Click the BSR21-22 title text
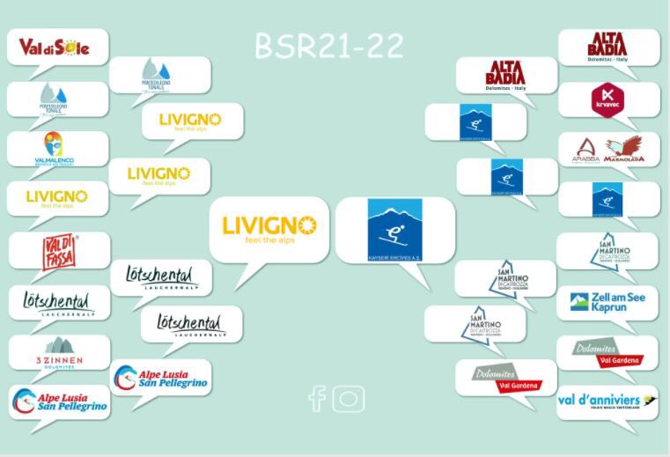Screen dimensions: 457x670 click(x=329, y=47)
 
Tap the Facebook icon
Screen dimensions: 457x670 click(x=317, y=399)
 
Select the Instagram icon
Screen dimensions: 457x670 click(x=349, y=398)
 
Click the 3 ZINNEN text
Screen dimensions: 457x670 click(x=59, y=360)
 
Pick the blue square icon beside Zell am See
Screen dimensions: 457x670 click(x=578, y=303)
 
